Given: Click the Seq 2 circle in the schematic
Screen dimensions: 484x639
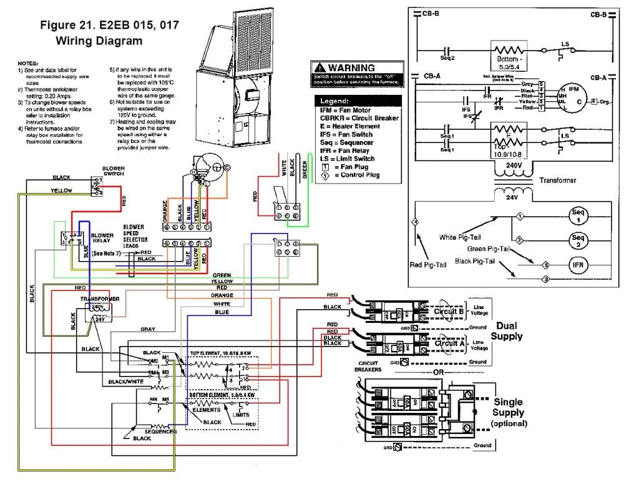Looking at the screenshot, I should [578, 239].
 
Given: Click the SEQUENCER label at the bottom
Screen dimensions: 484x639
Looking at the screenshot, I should [161, 432].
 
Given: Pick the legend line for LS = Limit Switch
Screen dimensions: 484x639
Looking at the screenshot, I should [352, 159].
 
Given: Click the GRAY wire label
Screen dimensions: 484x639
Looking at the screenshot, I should [147, 328].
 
